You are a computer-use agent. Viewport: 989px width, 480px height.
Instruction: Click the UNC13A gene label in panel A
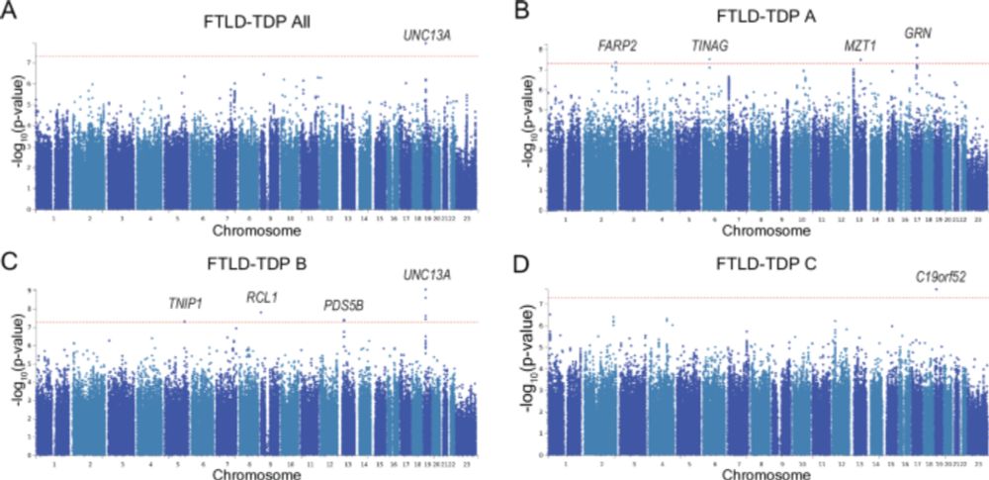click(426, 35)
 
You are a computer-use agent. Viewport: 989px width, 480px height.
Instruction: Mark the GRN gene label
click(917, 33)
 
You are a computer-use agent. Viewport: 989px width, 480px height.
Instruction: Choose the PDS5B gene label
click(344, 306)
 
